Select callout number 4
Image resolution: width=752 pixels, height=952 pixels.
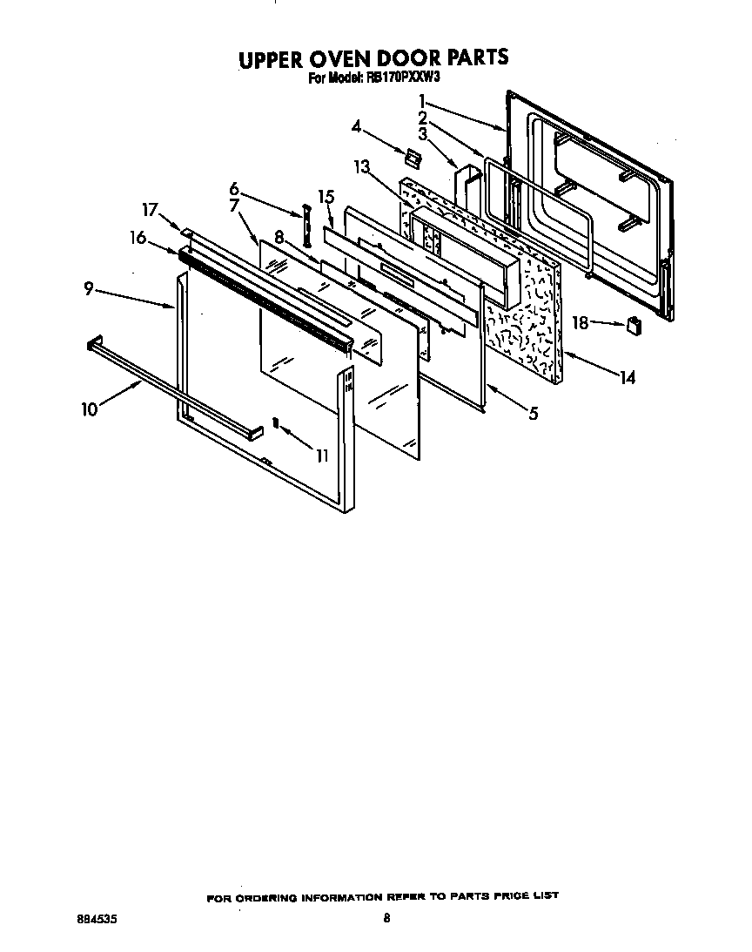356,126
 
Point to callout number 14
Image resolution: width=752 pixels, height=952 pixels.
627,377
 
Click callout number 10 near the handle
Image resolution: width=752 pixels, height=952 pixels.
90,408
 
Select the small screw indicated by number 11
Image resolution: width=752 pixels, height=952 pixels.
276,423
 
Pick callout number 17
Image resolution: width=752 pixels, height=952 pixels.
151,209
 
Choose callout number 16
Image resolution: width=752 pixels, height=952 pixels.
138,237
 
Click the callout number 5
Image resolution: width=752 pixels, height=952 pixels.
532,415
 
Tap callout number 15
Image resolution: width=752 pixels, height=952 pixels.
326,197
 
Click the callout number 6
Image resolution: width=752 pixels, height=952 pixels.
234,187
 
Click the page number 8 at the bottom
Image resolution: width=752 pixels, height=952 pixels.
386,918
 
